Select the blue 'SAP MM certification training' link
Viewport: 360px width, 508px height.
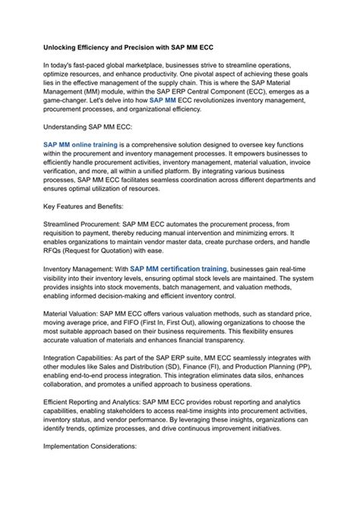(x=178, y=268)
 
